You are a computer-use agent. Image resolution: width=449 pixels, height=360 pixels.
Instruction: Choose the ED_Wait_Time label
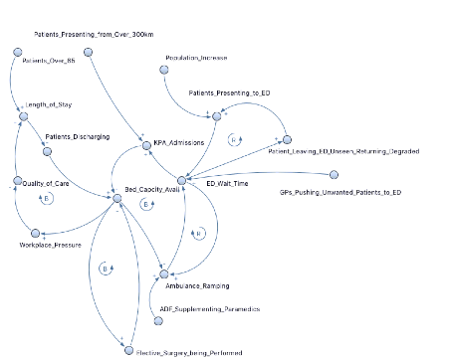pyautogui.click(x=225, y=184)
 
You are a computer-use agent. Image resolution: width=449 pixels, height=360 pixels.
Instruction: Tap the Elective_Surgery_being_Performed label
pyautogui.click(x=190, y=352)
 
